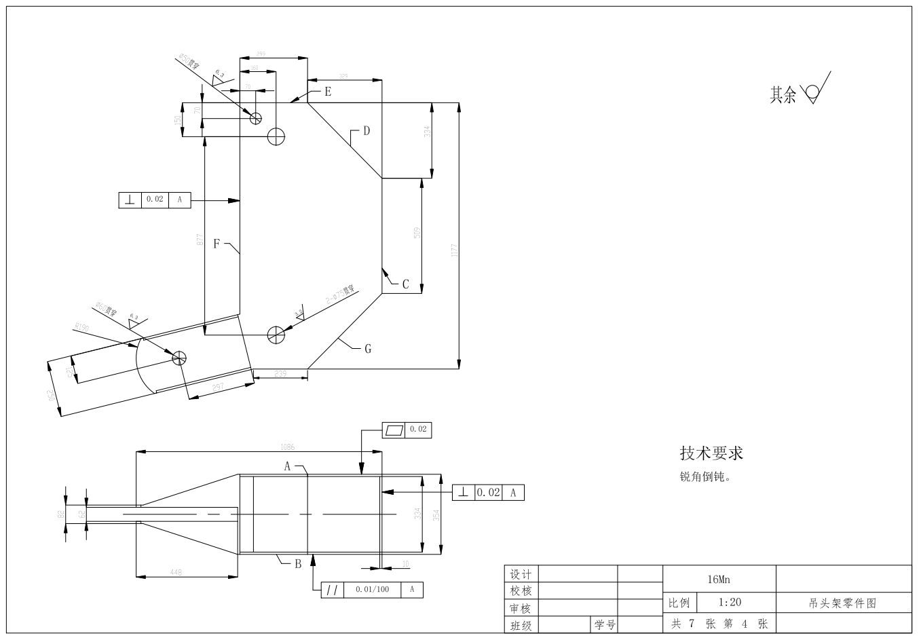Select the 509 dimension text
[x=417, y=232]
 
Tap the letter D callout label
[x=366, y=130]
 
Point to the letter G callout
[x=368, y=349]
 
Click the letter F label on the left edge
[x=217, y=244]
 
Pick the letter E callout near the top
[x=327, y=91]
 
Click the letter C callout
[x=405, y=284]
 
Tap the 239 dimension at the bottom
[x=280, y=373]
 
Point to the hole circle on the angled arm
[x=179, y=357]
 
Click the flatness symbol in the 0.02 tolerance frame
[x=394, y=430]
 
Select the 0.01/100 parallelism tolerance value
[x=372, y=590]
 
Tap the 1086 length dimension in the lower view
[x=288, y=447]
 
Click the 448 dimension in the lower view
[x=175, y=572]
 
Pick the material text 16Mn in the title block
[x=718, y=580]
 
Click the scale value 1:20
[x=729, y=602]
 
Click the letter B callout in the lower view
[x=297, y=563]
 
